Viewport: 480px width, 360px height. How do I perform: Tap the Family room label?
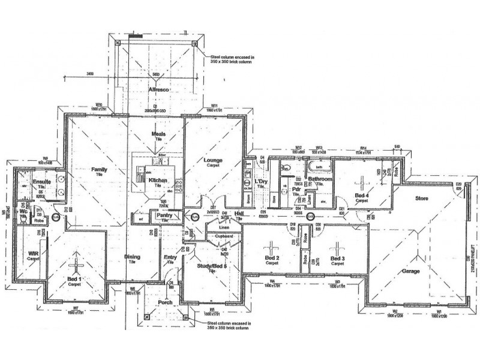[99, 170]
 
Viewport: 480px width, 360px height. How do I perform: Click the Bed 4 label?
[362, 196]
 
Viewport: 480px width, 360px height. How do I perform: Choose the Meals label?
[158, 134]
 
